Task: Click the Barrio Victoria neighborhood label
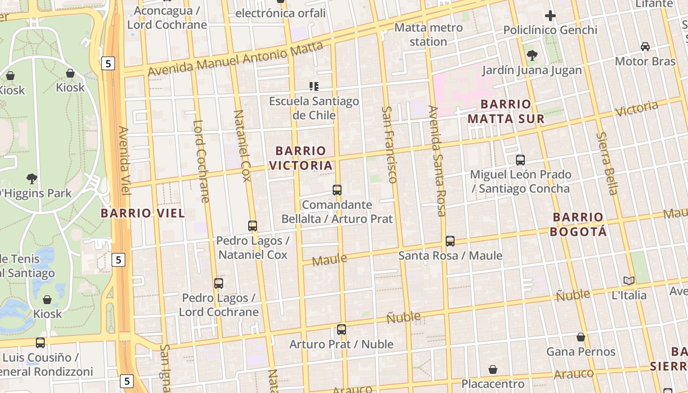click(301, 158)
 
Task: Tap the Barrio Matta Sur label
click(506, 111)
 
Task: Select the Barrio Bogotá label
click(578, 224)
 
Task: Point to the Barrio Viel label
click(143, 213)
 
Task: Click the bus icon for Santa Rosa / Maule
click(450, 241)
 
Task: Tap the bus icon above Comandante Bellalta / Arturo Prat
click(337, 190)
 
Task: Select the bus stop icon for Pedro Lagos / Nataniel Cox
click(253, 226)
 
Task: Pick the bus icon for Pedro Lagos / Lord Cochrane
click(219, 283)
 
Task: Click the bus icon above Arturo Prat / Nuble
click(342, 330)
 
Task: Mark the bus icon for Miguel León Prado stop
click(520, 160)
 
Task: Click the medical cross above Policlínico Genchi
click(550, 16)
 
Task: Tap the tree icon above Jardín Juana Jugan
click(532, 56)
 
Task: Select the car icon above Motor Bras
click(645, 47)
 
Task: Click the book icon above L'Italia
click(629, 281)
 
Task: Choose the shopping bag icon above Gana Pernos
click(581, 337)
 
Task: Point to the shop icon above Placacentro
click(493, 369)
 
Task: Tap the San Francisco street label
click(389, 144)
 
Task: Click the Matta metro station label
click(428, 34)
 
